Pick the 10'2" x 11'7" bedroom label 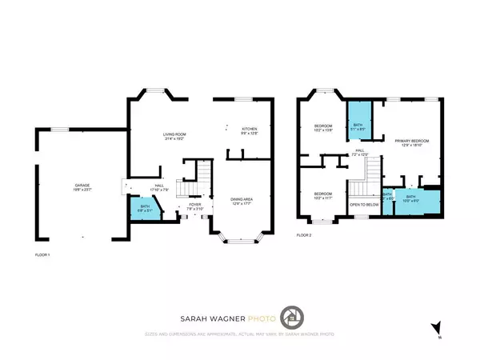322,195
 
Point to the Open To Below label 363,204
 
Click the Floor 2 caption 304,235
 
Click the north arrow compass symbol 436,326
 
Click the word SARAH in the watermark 195,316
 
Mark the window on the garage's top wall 54,130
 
